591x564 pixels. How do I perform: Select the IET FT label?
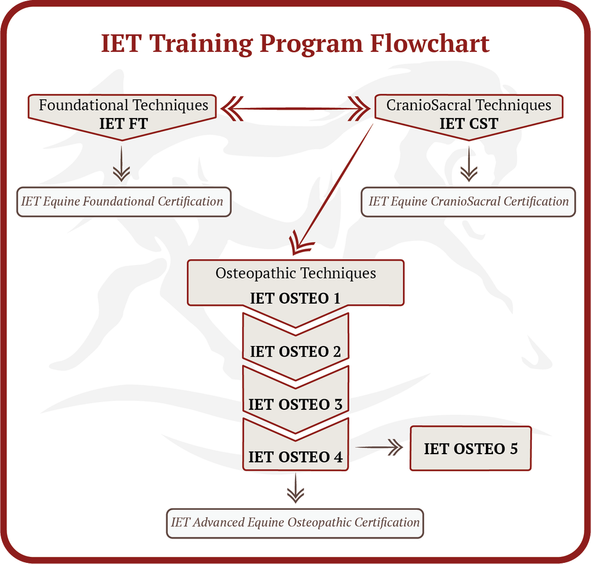pos(124,123)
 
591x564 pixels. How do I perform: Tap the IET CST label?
pos(469,123)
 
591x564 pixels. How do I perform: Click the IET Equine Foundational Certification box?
pos(123,201)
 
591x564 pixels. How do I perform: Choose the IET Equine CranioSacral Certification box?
pos(468,201)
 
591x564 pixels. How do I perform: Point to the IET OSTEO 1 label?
pos(295,298)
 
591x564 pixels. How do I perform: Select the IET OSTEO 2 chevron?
pos(295,351)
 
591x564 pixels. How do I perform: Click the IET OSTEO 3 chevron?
pos(295,405)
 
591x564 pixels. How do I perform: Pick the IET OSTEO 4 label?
pos(295,457)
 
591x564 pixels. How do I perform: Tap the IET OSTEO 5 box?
pos(470,448)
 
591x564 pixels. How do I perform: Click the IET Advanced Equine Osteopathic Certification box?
pos(295,523)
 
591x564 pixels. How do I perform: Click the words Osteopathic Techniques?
pos(295,273)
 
